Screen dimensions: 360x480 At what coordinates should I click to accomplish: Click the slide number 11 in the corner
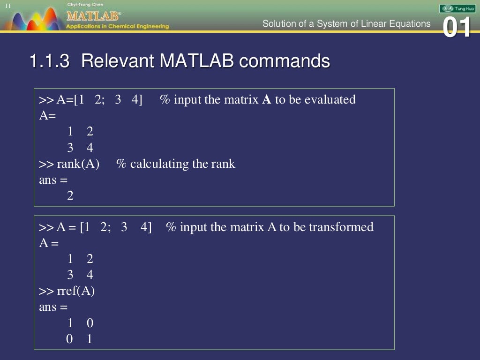[x=8, y=5]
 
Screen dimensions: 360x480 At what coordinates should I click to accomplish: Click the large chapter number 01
[x=457, y=28]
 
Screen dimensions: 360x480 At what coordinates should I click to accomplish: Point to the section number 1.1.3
[x=49, y=61]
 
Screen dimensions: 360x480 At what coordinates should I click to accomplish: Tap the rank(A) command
[x=78, y=164]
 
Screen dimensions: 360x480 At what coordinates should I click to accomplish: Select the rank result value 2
[x=70, y=196]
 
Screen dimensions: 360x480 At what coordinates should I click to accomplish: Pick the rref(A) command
[x=75, y=291]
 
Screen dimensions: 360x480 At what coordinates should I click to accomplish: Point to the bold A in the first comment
[x=266, y=99]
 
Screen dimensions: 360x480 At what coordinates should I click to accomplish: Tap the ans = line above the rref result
[x=53, y=307]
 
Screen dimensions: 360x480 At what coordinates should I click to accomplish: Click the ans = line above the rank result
[x=53, y=180]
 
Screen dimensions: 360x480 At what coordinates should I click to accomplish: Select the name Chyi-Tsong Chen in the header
[x=82, y=4]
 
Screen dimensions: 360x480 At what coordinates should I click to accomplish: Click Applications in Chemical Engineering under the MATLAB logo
[x=118, y=26]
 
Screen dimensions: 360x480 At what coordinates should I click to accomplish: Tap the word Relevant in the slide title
[x=117, y=61]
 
